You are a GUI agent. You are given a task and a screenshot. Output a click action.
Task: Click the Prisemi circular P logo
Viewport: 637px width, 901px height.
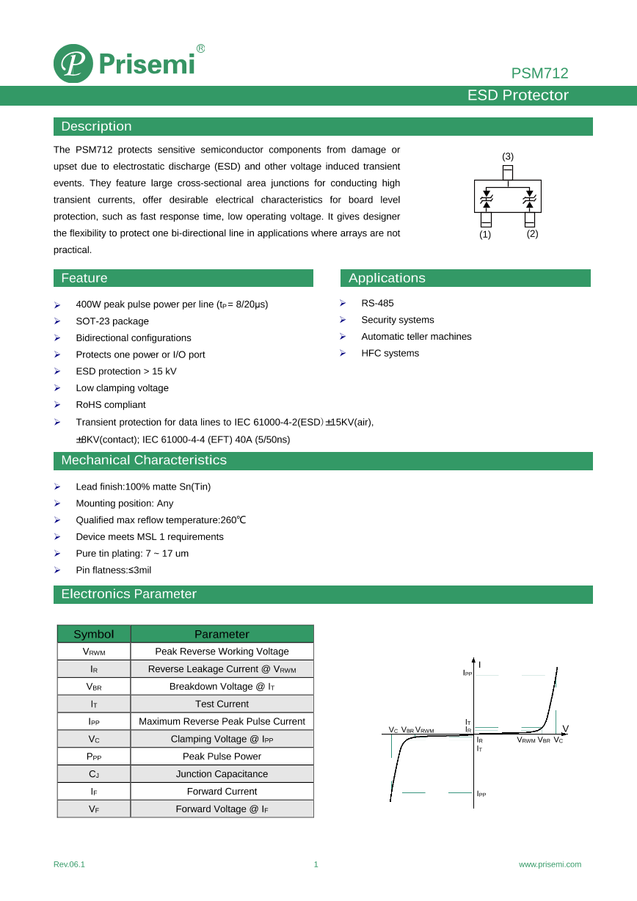[x=73, y=64]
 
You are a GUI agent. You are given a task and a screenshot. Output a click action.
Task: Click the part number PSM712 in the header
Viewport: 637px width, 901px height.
[x=539, y=73]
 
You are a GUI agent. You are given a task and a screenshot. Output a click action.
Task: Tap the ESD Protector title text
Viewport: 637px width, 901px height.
[x=518, y=95]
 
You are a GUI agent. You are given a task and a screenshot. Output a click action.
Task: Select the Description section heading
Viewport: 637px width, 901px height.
[x=96, y=126]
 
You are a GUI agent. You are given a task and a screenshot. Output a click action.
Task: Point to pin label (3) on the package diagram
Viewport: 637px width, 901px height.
[x=508, y=156]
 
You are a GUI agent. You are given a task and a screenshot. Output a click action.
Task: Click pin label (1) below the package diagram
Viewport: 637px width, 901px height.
[x=485, y=234]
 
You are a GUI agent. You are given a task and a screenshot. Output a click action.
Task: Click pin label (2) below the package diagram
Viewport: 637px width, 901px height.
[x=532, y=234]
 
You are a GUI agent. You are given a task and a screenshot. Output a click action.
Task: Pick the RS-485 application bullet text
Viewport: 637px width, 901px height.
[x=377, y=303]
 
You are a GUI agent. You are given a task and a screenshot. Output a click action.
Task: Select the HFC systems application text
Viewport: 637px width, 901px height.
[x=390, y=353]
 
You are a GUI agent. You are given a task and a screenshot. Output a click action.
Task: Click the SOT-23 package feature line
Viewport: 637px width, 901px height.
[x=112, y=321]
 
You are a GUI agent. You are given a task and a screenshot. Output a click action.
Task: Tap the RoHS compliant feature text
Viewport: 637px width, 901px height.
[x=111, y=405]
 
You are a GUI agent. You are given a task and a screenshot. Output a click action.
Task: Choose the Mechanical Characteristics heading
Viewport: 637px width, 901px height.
[x=144, y=460]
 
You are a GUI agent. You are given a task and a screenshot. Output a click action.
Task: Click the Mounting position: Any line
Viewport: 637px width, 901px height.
[x=125, y=503]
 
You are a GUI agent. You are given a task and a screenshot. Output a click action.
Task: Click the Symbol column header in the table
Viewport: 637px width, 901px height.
[x=94, y=634]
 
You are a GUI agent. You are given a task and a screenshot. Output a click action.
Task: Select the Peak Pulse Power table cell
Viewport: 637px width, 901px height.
[x=222, y=756]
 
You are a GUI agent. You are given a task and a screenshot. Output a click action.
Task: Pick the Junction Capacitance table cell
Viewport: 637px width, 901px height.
[x=222, y=774]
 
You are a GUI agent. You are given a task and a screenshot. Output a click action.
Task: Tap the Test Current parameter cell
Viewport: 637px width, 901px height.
[x=222, y=704]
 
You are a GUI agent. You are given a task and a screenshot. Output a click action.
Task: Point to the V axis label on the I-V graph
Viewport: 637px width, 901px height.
[x=565, y=729]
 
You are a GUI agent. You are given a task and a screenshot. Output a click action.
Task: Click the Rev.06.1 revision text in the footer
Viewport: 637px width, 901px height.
[x=69, y=864]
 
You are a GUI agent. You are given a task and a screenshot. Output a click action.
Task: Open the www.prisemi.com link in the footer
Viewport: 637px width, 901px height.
[x=550, y=864]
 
